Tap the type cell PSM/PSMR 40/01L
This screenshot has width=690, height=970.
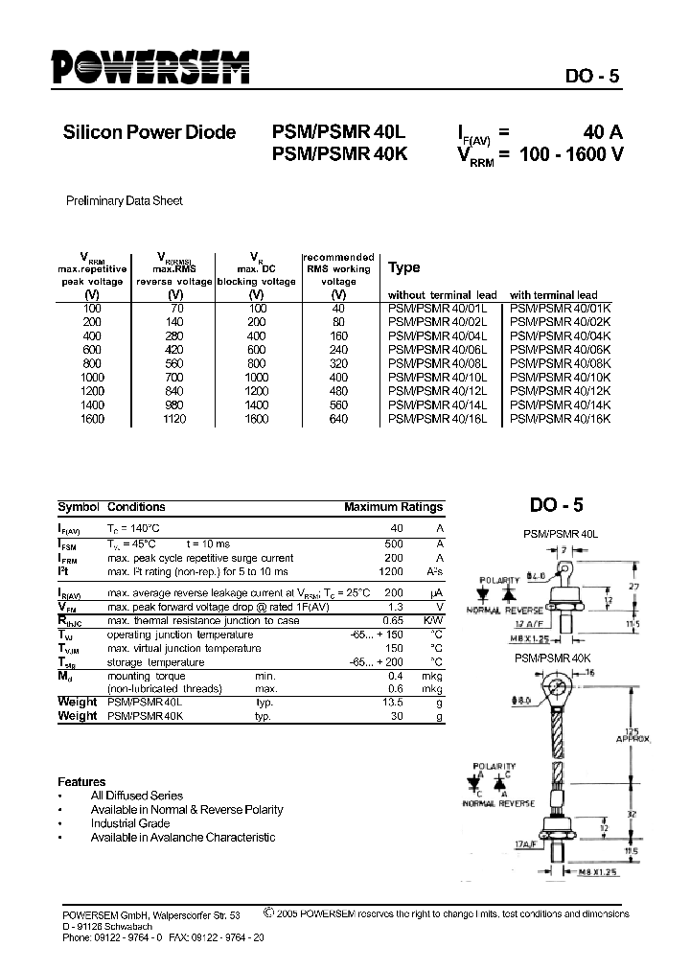click(x=437, y=309)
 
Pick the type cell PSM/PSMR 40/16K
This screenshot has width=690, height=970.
click(x=560, y=419)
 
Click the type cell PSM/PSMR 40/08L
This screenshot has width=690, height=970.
click(x=437, y=364)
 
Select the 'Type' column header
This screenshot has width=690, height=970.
click(x=403, y=268)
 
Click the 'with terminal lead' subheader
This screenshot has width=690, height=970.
click(x=553, y=295)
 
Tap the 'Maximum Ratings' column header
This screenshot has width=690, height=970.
click(x=393, y=507)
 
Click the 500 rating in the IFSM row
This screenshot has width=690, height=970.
click(x=393, y=543)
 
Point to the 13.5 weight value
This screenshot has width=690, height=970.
click(x=391, y=702)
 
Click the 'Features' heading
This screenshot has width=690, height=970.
click(x=81, y=782)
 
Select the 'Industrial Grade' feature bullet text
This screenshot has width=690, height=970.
click(x=130, y=823)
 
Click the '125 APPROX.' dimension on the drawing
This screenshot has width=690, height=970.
click(x=633, y=734)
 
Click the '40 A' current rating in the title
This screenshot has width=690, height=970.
click(x=603, y=133)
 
